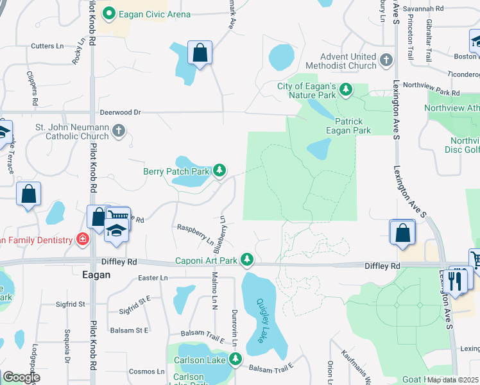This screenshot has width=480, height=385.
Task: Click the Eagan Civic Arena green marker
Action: tap(109, 12)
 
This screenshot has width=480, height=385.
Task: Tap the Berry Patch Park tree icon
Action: tap(220, 171)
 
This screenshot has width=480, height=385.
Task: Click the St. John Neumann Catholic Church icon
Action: tap(118, 131)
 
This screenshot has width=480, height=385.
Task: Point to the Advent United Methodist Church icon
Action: tap(386, 61)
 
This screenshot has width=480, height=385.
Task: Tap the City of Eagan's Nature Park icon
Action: tap(347, 89)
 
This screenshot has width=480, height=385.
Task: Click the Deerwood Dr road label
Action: tap(119, 112)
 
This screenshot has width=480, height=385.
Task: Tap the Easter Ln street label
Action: tap(153, 278)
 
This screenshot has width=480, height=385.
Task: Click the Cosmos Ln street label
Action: tap(146, 371)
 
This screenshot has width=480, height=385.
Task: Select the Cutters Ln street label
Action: tap(47, 46)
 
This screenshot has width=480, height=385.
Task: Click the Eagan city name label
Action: tap(96, 275)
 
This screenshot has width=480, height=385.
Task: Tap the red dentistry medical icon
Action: tap(82, 239)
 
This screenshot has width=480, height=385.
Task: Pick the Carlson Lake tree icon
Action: tap(236, 358)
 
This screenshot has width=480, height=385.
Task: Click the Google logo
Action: tap(21, 378)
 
